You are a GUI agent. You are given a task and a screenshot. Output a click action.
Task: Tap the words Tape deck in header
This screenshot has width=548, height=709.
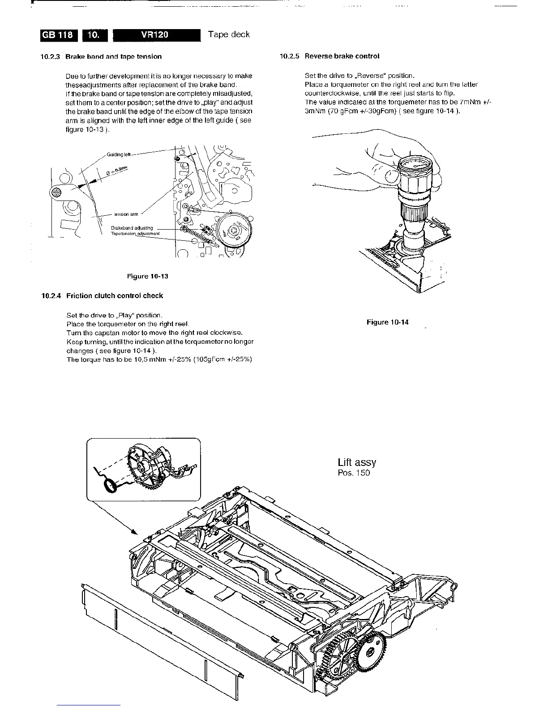229,34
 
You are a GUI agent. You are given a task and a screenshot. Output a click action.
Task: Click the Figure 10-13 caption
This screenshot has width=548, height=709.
148,276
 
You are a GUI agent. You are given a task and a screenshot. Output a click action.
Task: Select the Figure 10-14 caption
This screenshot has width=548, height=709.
387,322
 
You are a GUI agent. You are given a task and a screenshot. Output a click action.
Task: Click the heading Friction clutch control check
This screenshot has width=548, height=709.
115,296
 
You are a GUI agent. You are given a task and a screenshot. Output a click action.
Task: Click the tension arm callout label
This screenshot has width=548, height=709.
126,214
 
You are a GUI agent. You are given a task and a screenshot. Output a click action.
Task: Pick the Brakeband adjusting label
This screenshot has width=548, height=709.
132,228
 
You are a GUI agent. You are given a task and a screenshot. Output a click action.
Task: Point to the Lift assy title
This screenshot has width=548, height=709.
357,462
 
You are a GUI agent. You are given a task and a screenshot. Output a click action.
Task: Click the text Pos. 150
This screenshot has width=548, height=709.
354,473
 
